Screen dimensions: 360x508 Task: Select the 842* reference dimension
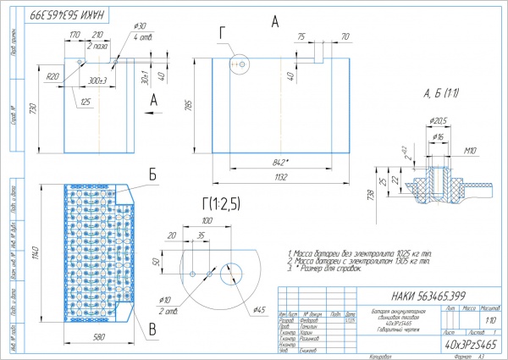coord(273,160)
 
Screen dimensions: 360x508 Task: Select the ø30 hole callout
coord(141,26)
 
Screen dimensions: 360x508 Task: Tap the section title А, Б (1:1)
coord(440,91)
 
